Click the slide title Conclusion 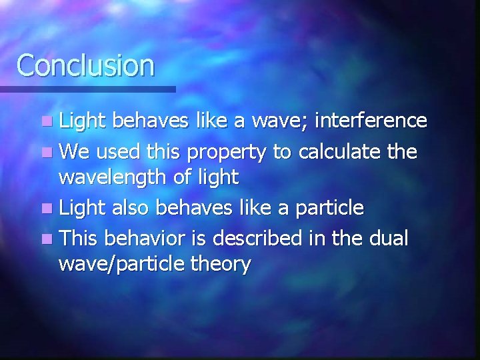click(85, 65)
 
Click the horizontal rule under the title click(87, 89)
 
